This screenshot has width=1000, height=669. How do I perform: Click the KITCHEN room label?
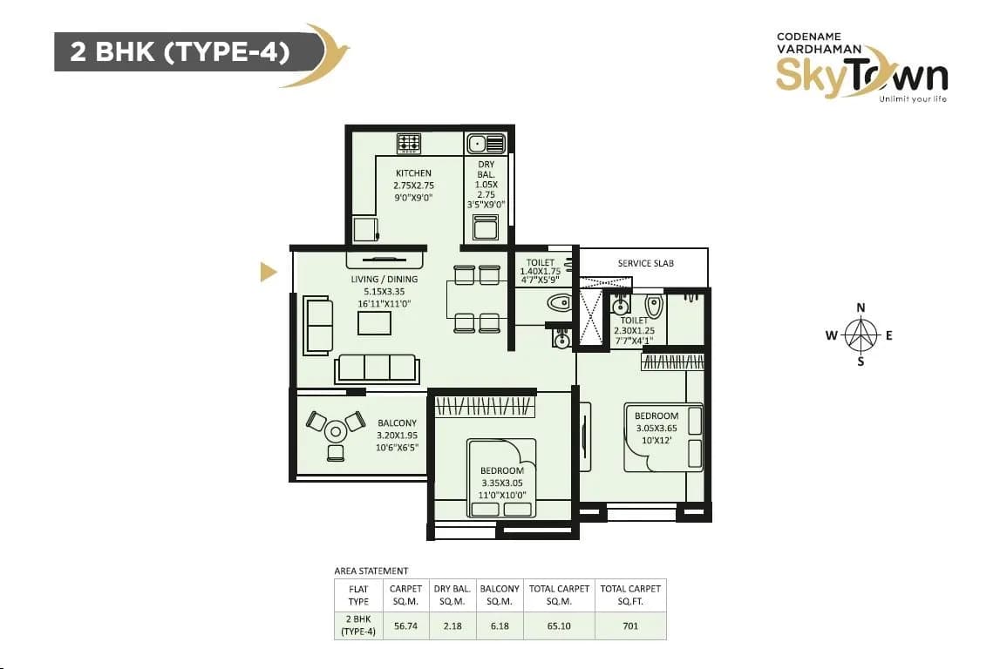click(414, 173)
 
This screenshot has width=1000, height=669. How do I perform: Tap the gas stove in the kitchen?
click(409, 143)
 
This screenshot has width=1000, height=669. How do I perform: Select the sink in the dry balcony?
click(486, 144)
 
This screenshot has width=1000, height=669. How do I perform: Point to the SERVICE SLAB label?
click(645, 263)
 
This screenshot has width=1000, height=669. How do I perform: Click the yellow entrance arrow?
click(269, 274)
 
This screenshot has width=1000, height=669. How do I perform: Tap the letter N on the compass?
click(861, 307)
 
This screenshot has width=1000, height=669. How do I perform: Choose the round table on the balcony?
click(336, 429)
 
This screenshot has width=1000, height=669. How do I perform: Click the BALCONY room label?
click(397, 423)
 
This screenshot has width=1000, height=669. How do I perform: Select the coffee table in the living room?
click(375, 322)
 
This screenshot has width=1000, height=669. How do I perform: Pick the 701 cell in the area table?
click(630, 625)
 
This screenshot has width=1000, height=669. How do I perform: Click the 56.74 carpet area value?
click(405, 625)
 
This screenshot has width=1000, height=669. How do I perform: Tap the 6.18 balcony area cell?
click(499, 625)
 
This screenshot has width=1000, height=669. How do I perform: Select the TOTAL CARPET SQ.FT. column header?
click(630, 595)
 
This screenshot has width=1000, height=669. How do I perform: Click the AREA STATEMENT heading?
click(371, 571)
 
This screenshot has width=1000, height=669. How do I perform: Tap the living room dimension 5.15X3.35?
click(384, 292)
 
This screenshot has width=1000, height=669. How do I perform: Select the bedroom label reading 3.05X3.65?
click(656, 428)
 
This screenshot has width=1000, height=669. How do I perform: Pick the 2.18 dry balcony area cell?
click(452, 625)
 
